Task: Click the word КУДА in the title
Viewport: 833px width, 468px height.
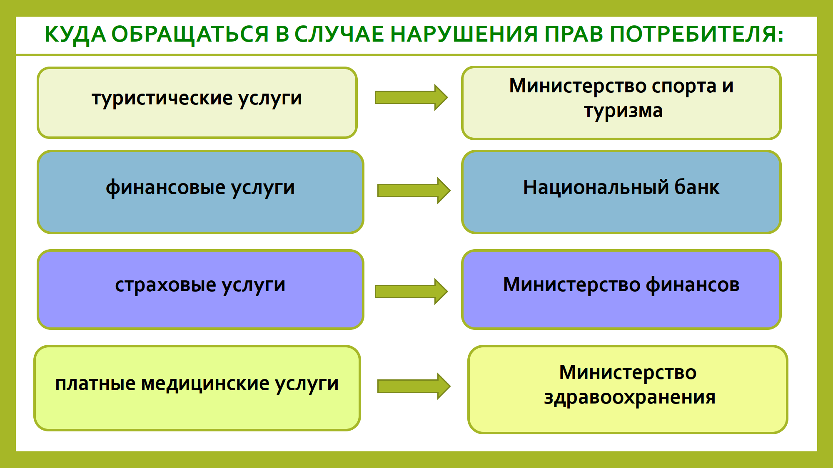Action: pos(75,34)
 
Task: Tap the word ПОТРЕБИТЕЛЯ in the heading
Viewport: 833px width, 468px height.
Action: pos(696,34)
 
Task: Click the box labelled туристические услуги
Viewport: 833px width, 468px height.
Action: pos(197,103)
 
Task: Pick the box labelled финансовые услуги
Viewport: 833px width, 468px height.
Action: pos(200,192)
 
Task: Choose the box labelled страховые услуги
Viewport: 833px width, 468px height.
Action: pos(200,290)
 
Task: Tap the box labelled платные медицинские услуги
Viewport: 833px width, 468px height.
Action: pos(197,388)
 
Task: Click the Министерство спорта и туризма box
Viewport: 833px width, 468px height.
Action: pos(621,103)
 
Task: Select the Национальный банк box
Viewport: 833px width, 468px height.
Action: pos(621,192)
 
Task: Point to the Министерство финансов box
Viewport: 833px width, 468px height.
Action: pos(621,290)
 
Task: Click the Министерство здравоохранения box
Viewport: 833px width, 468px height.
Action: pos(628,389)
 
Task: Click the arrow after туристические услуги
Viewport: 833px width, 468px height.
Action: pos(411,97)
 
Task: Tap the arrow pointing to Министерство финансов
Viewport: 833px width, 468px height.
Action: pos(411,291)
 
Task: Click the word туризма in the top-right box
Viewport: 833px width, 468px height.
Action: pos(623,111)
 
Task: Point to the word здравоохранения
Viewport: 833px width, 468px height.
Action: pos(630,398)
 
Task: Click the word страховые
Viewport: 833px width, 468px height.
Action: pos(165,285)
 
